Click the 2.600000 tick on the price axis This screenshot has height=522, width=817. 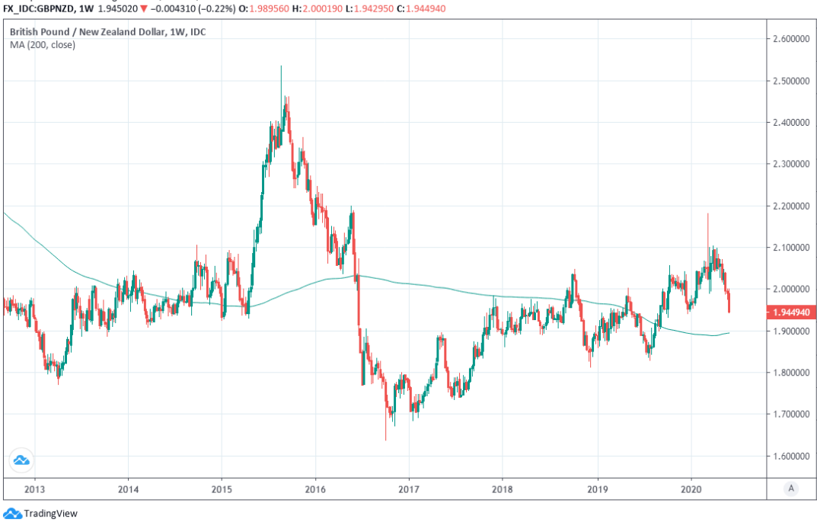[x=789, y=38]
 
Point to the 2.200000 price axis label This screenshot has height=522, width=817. [x=789, y=206]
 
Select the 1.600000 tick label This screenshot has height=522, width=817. [x=789, y=456]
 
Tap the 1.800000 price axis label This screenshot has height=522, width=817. [x=789, y=373]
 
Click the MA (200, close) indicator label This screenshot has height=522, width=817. [x=43, y=45]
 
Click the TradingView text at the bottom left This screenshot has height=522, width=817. [x=50, y=514]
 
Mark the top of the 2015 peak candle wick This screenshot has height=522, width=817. [x=281, y=66]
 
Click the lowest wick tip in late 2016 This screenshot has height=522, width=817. [x=385, y=440]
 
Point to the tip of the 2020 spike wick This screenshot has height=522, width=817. [x=708, y=214]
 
